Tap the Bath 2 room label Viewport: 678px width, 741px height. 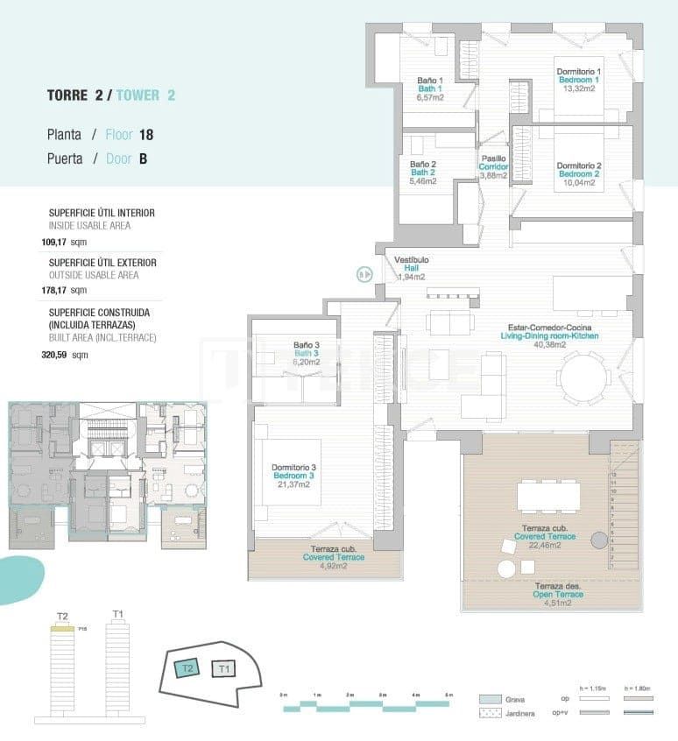(422, 173)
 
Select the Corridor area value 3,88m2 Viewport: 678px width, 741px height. (493, 175)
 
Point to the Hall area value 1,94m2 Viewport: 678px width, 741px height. (411, 277)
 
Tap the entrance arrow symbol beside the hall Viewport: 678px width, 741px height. (364, 274)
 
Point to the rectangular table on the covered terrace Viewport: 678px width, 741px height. (548, 497)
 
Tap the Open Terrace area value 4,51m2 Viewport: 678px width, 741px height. (554, 603)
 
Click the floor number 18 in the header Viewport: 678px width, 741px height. (146, 135)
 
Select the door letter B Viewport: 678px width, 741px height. (143, 159)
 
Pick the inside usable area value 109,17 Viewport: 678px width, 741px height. (60, 242)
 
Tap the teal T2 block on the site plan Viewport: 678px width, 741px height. (186, 668)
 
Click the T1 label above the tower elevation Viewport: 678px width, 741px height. (118, 615)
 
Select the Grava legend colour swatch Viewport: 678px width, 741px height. (490, 699)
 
